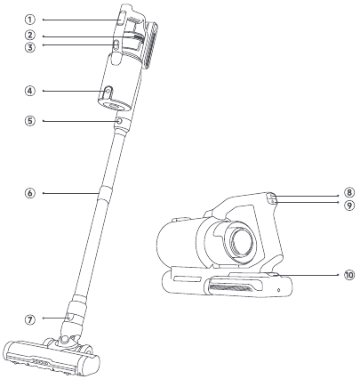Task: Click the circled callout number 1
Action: [29, 20]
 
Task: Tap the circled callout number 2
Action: [29, 36]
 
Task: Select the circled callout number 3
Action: [29, 47]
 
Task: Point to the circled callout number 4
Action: [29, 91]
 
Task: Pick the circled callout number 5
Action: [29, 121]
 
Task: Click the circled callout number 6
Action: [29, 193]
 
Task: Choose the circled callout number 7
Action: [29, 319]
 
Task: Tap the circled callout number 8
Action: [349, 192]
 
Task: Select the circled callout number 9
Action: [349, 206]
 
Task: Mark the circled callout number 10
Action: [349, 275]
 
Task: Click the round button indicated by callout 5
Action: [119, 121]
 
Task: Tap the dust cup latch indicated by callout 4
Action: [108, 93]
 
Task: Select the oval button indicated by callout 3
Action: [116, 45]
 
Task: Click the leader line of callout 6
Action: [71, 193]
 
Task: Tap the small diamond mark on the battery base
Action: [278, 289]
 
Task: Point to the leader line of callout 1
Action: [81, 20]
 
